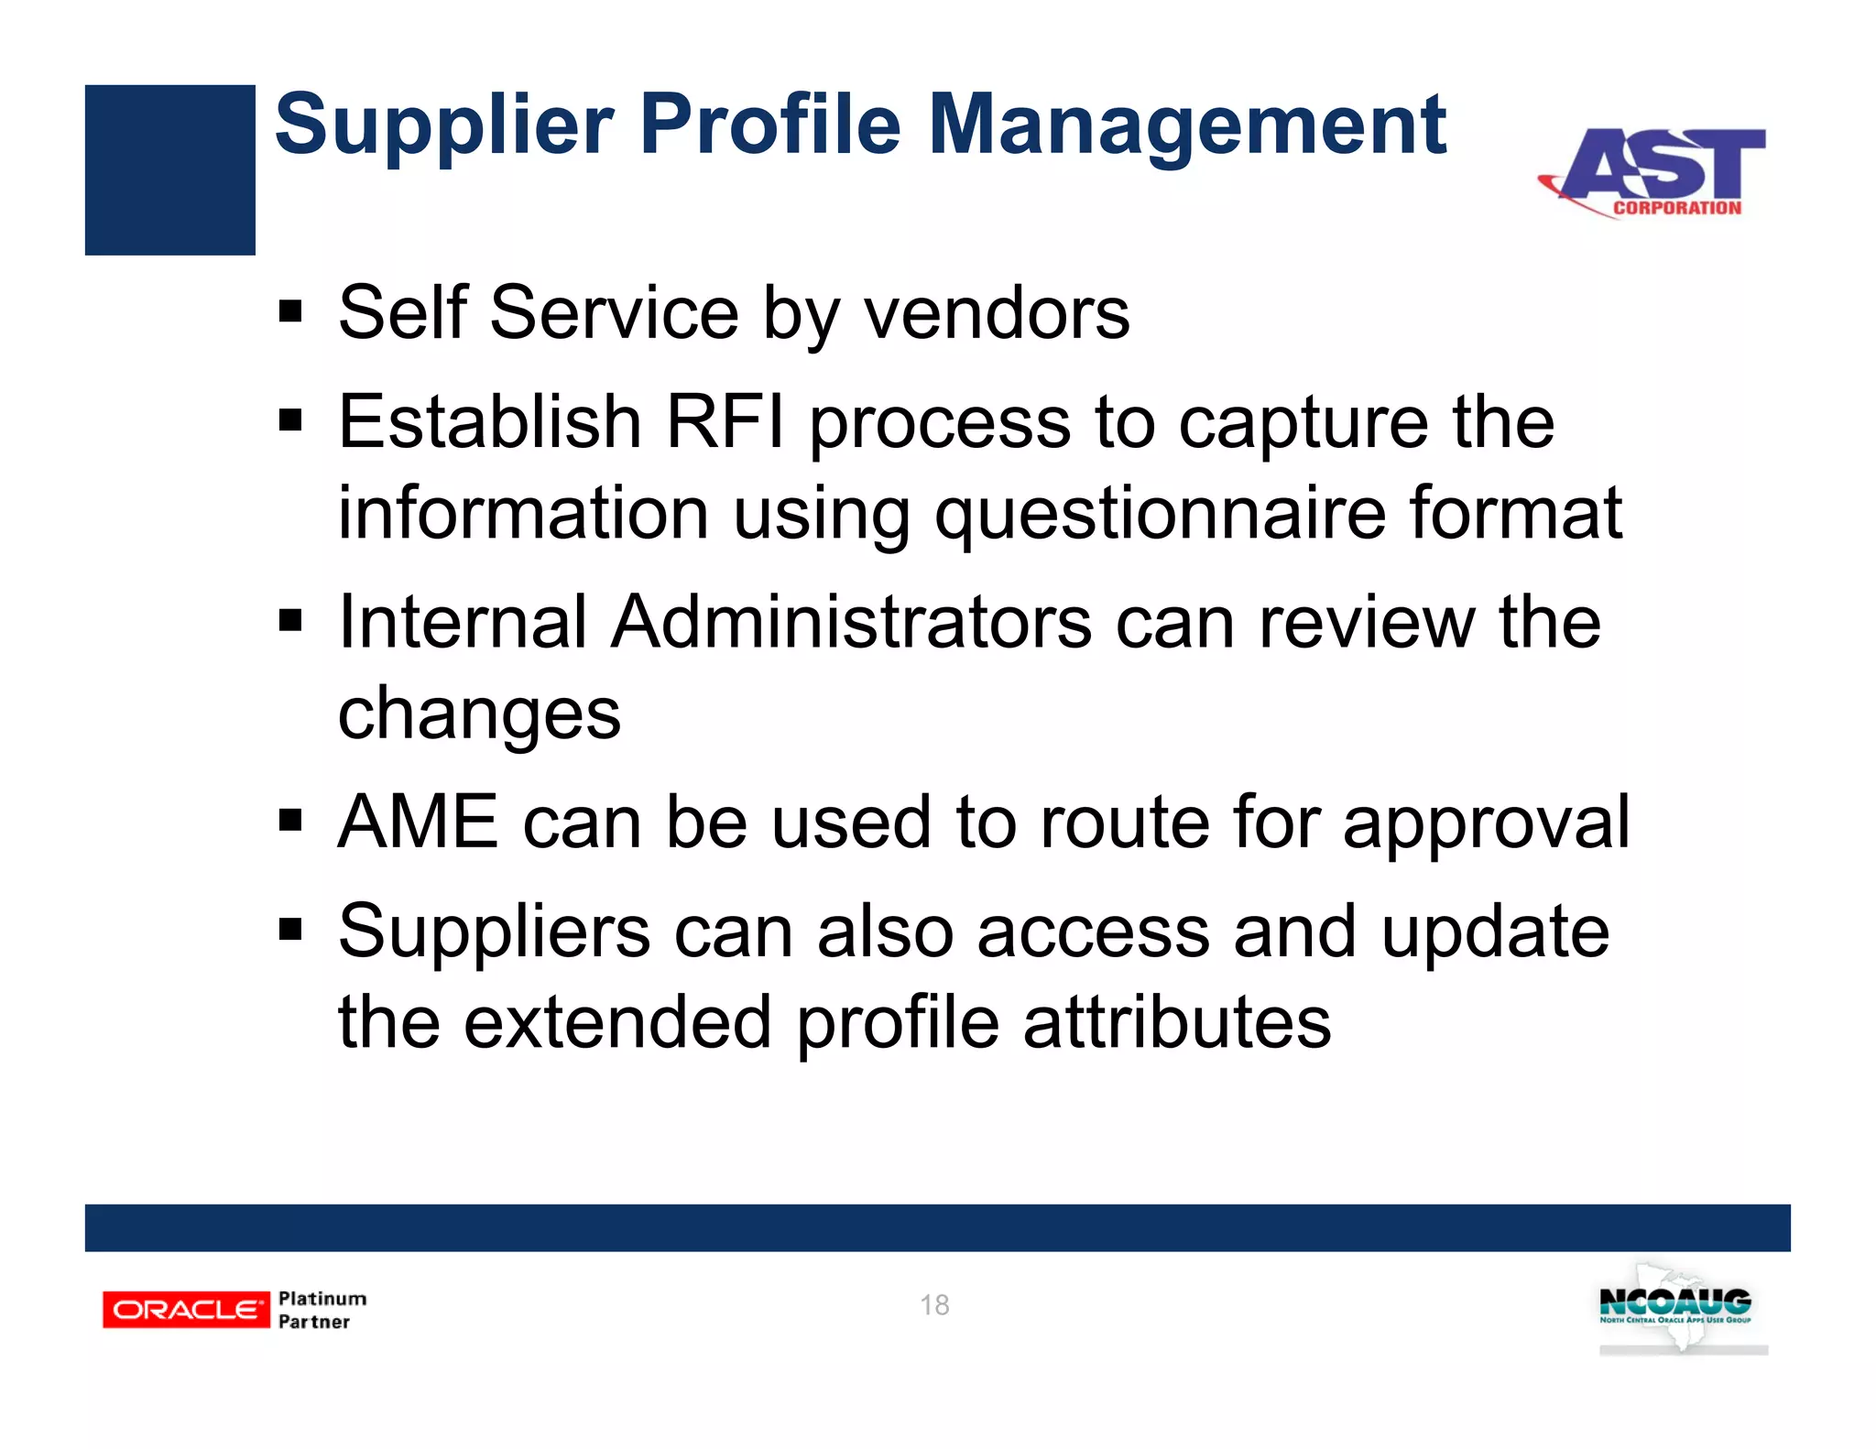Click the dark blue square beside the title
tap(169, 169)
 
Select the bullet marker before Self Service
tap(290, 312)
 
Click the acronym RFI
tap(725, 421)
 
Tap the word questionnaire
tap(1160, 513)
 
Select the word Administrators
tap(851, 622)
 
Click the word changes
tap(478, 714)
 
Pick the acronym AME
tap(418, 822)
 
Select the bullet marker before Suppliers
tap(290, 931)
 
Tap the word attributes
tap(1176, 1022)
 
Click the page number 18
tap(934, 1304)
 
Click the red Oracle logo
tap(186, 1310)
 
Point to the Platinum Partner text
tap(321, 1310)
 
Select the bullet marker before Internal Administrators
tap(290, 622)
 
